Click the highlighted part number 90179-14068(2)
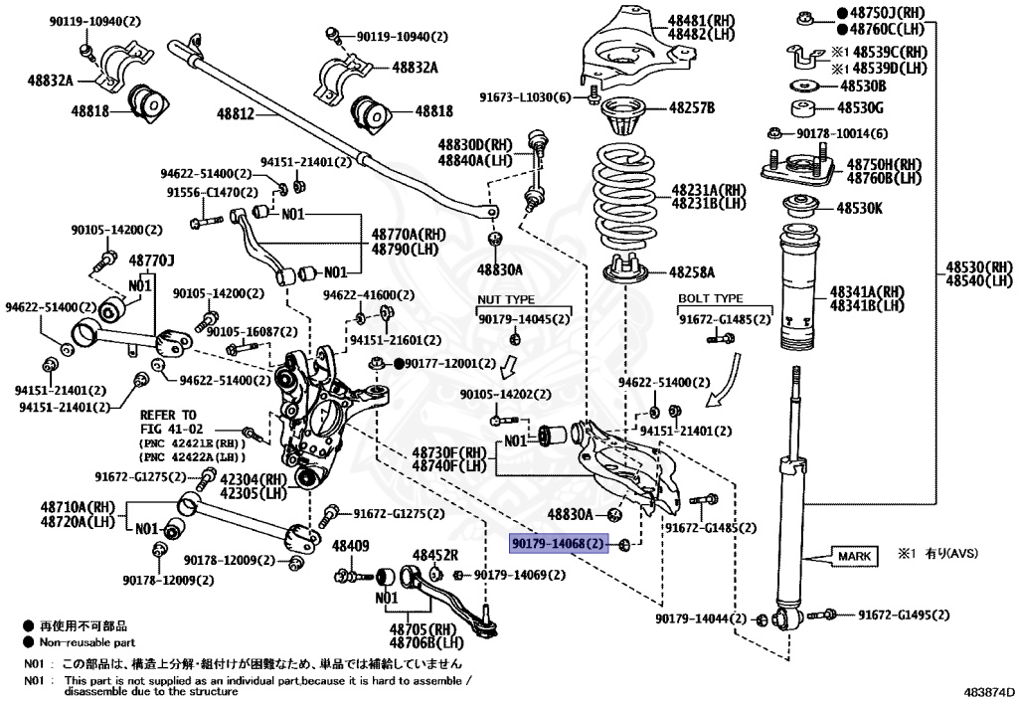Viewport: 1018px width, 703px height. [558, 544]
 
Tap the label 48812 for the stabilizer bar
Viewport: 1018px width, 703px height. [236, 115]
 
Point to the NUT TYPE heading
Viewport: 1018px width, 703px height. [506, 299]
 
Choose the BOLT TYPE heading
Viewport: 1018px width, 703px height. [710, 298]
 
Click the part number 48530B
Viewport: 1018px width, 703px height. [860, 86]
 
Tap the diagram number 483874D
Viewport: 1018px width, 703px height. [989, 690]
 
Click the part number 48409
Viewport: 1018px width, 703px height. [350, 546]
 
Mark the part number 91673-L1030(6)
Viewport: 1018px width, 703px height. [525, 97]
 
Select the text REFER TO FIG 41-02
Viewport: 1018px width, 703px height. [168, 421]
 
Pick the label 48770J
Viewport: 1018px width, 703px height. [151, 261]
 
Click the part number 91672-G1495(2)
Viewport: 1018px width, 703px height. [905, 615]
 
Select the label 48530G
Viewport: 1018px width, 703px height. [860, 107]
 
